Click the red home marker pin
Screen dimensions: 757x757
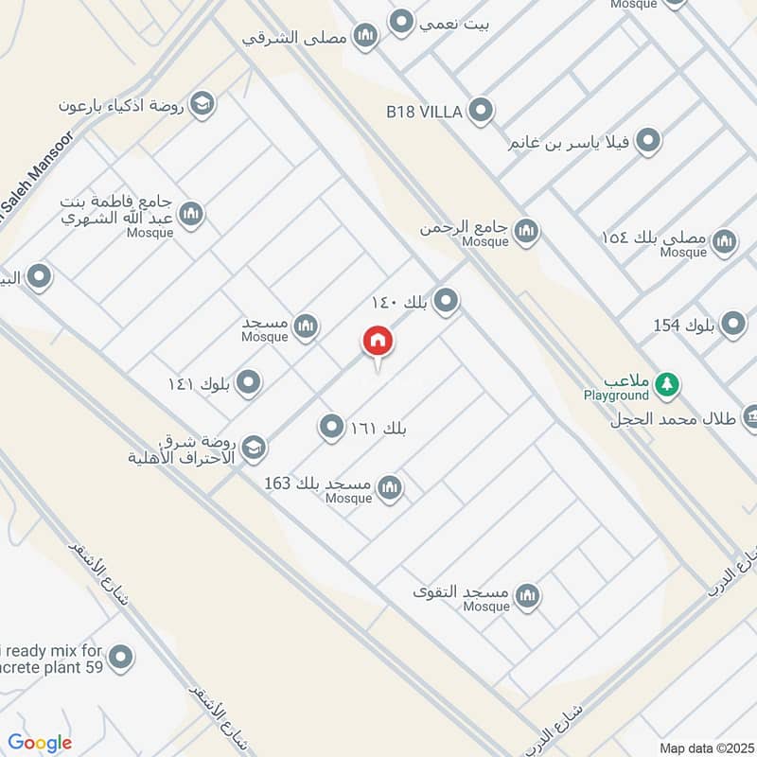(x=378, y=342)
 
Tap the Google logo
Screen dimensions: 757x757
(x=40, y=743)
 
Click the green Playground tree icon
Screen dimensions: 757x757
(x=670, y=383)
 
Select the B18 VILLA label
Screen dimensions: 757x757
(x=423, y=112)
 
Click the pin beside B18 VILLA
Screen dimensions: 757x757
(x=481, y=112)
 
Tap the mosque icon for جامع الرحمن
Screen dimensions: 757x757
(x=527, y=230)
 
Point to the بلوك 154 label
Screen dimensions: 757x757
(x=683, y=326)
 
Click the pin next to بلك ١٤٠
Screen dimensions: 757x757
(x=447, y=302)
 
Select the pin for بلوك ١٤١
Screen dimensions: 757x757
(x=249, y=382)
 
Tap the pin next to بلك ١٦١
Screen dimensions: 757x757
(x=331, y=428)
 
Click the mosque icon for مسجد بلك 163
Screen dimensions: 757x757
(x=389, y=488)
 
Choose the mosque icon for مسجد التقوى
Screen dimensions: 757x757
(x=528, y=595)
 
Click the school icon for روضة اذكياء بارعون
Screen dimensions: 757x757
(x=202, y=103)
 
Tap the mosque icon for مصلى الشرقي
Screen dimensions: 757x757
(x=365, y=37)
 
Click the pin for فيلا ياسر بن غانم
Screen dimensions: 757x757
(x=648, y=142)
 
